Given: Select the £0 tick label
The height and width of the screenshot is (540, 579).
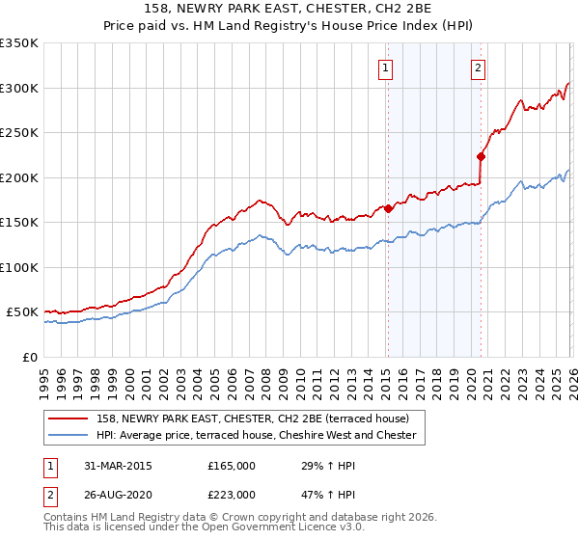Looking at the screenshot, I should click(29, 357).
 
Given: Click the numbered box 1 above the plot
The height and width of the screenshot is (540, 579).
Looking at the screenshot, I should click(385, 67).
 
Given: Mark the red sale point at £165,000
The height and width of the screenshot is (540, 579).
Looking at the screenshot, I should click(388, 208).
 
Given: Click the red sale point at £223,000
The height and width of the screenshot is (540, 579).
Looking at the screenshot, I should click(481, 156).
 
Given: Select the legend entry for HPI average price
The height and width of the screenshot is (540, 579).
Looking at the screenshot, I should click(256, 436).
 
